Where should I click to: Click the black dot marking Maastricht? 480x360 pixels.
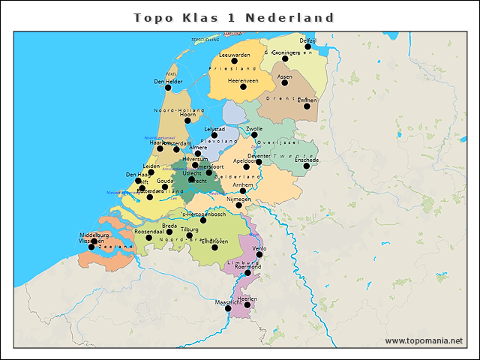(x=228, y=308)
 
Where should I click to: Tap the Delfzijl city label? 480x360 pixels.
(x=308, y=40)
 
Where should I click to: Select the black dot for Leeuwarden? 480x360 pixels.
(x=234, y=61)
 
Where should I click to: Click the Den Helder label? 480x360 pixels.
(x=168, y=81)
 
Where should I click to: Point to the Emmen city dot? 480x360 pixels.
(x=307, y=106)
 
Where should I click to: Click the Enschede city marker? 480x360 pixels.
(x=307, y=166)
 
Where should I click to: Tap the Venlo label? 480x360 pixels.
(x=259, y=247)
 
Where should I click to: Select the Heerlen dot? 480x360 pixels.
(x=247, y=304)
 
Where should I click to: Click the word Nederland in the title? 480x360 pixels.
(x=290, y=17)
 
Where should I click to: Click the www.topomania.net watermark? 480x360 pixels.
(x=424, y=340)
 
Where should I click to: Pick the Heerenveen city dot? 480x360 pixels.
(x=243, y=86)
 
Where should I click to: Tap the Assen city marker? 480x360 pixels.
(x=284, y=82)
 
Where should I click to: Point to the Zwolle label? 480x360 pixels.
(x=265, y=129)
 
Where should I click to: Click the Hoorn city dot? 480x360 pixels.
(x=187, y=120)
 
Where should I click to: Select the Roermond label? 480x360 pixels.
(x=247, y=266)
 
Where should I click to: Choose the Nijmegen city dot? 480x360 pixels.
(x=238, y=205)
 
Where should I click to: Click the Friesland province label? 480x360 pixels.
(x=233, y=68)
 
